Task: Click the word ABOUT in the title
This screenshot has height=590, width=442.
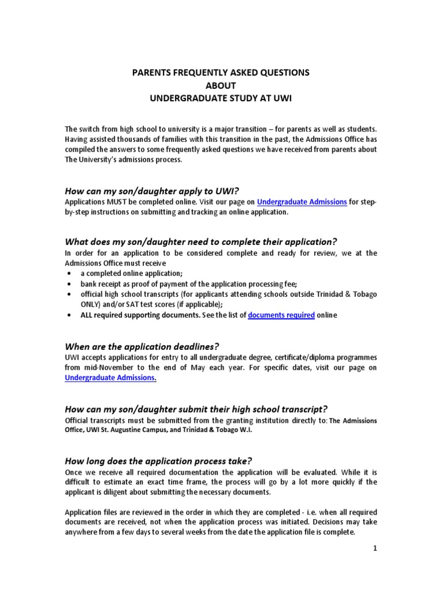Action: [220, 85]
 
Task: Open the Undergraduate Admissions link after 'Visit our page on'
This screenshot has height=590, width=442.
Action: [302, 202]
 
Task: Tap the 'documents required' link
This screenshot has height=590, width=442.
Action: [281, 315]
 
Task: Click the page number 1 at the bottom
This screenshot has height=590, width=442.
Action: [374, 549]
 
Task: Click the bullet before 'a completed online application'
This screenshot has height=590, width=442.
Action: [70, 274]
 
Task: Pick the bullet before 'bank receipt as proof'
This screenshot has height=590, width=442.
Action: [70, 284]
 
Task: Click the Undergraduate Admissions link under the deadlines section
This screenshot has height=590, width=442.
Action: [110, 378]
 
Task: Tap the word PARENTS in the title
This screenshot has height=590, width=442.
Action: [155, 73]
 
